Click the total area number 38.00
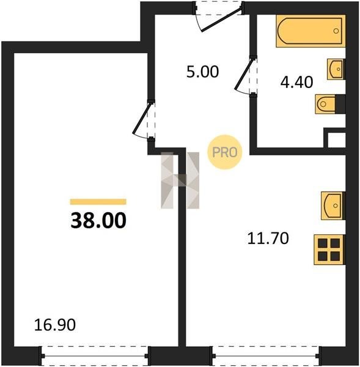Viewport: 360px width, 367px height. pos(98,220)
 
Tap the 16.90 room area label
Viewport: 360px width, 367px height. pos(55,325)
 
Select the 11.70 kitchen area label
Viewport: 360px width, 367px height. pos(268,239)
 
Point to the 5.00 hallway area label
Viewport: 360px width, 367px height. pos(202,72)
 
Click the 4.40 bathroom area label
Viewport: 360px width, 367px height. pos(296,82)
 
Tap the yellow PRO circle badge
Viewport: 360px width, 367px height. pos(224,152)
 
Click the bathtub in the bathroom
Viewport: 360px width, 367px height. pos(310,31)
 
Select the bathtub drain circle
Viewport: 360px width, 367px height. pos(336,31)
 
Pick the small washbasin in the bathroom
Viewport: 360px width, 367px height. pos(336,69)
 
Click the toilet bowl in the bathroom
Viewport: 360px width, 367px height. pos(326,104)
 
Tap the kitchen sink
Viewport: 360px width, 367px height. pos(333,206)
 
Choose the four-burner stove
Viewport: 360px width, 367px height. pos(329,250)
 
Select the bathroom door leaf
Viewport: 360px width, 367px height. pos(244,74)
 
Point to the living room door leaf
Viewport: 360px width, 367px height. pos(142,119)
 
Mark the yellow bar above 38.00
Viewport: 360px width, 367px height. pos(98,202)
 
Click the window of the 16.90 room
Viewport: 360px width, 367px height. pos(95,356)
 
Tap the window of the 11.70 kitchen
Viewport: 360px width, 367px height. pos(266,356)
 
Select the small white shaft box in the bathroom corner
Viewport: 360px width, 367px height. pos(337,140)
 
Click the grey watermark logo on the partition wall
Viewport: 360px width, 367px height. pos(180,180)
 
